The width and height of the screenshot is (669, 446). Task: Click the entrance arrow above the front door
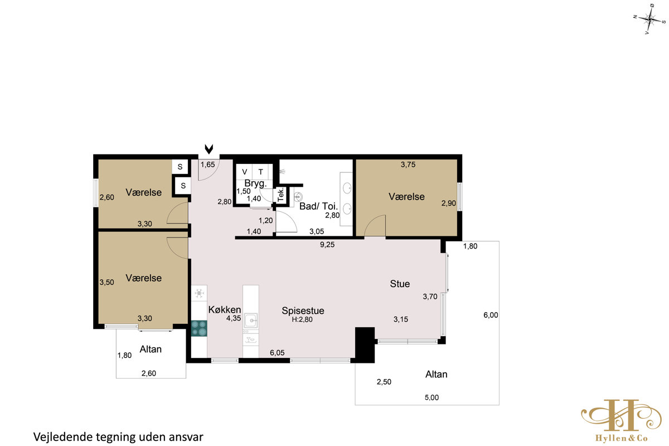pos(209,149)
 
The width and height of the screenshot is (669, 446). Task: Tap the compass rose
pos(649,20)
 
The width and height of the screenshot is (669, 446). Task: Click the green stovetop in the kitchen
pos(199,328)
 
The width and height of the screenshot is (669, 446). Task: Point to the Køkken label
pos(225,309)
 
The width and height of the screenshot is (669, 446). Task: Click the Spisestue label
pos(303,311)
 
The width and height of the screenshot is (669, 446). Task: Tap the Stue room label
pos(400,284)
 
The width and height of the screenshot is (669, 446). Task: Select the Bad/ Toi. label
pos(318,206)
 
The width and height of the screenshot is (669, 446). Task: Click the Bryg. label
pos(255,183)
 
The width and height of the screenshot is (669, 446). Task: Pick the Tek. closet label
pos(281,195)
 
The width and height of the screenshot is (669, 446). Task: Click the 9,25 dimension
pos(327,245)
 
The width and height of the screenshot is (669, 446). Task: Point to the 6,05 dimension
pos(277,353)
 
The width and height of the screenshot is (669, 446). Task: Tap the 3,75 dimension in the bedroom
pos(408,164)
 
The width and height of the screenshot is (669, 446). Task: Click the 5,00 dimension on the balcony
pos(432,397)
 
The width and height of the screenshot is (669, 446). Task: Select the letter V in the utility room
pos(245,172)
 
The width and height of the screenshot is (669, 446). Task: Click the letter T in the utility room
pos(261,172)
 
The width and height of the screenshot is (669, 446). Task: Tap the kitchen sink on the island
pos(251,321)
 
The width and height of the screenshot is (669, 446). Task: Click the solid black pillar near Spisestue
pos(365,345)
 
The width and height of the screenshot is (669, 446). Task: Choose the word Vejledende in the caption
pos(63,437)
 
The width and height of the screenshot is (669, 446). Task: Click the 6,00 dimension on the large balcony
pos(491,315)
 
